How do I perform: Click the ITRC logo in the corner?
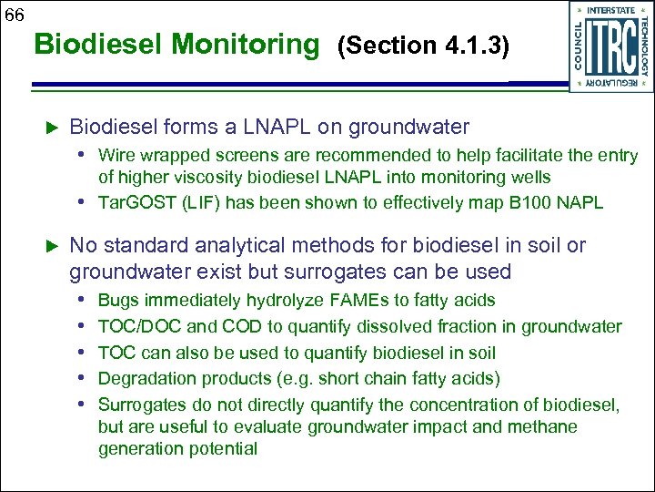tap(610, 46)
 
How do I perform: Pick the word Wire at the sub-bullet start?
tap(116, 156)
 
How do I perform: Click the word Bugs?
tap(116, 301)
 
